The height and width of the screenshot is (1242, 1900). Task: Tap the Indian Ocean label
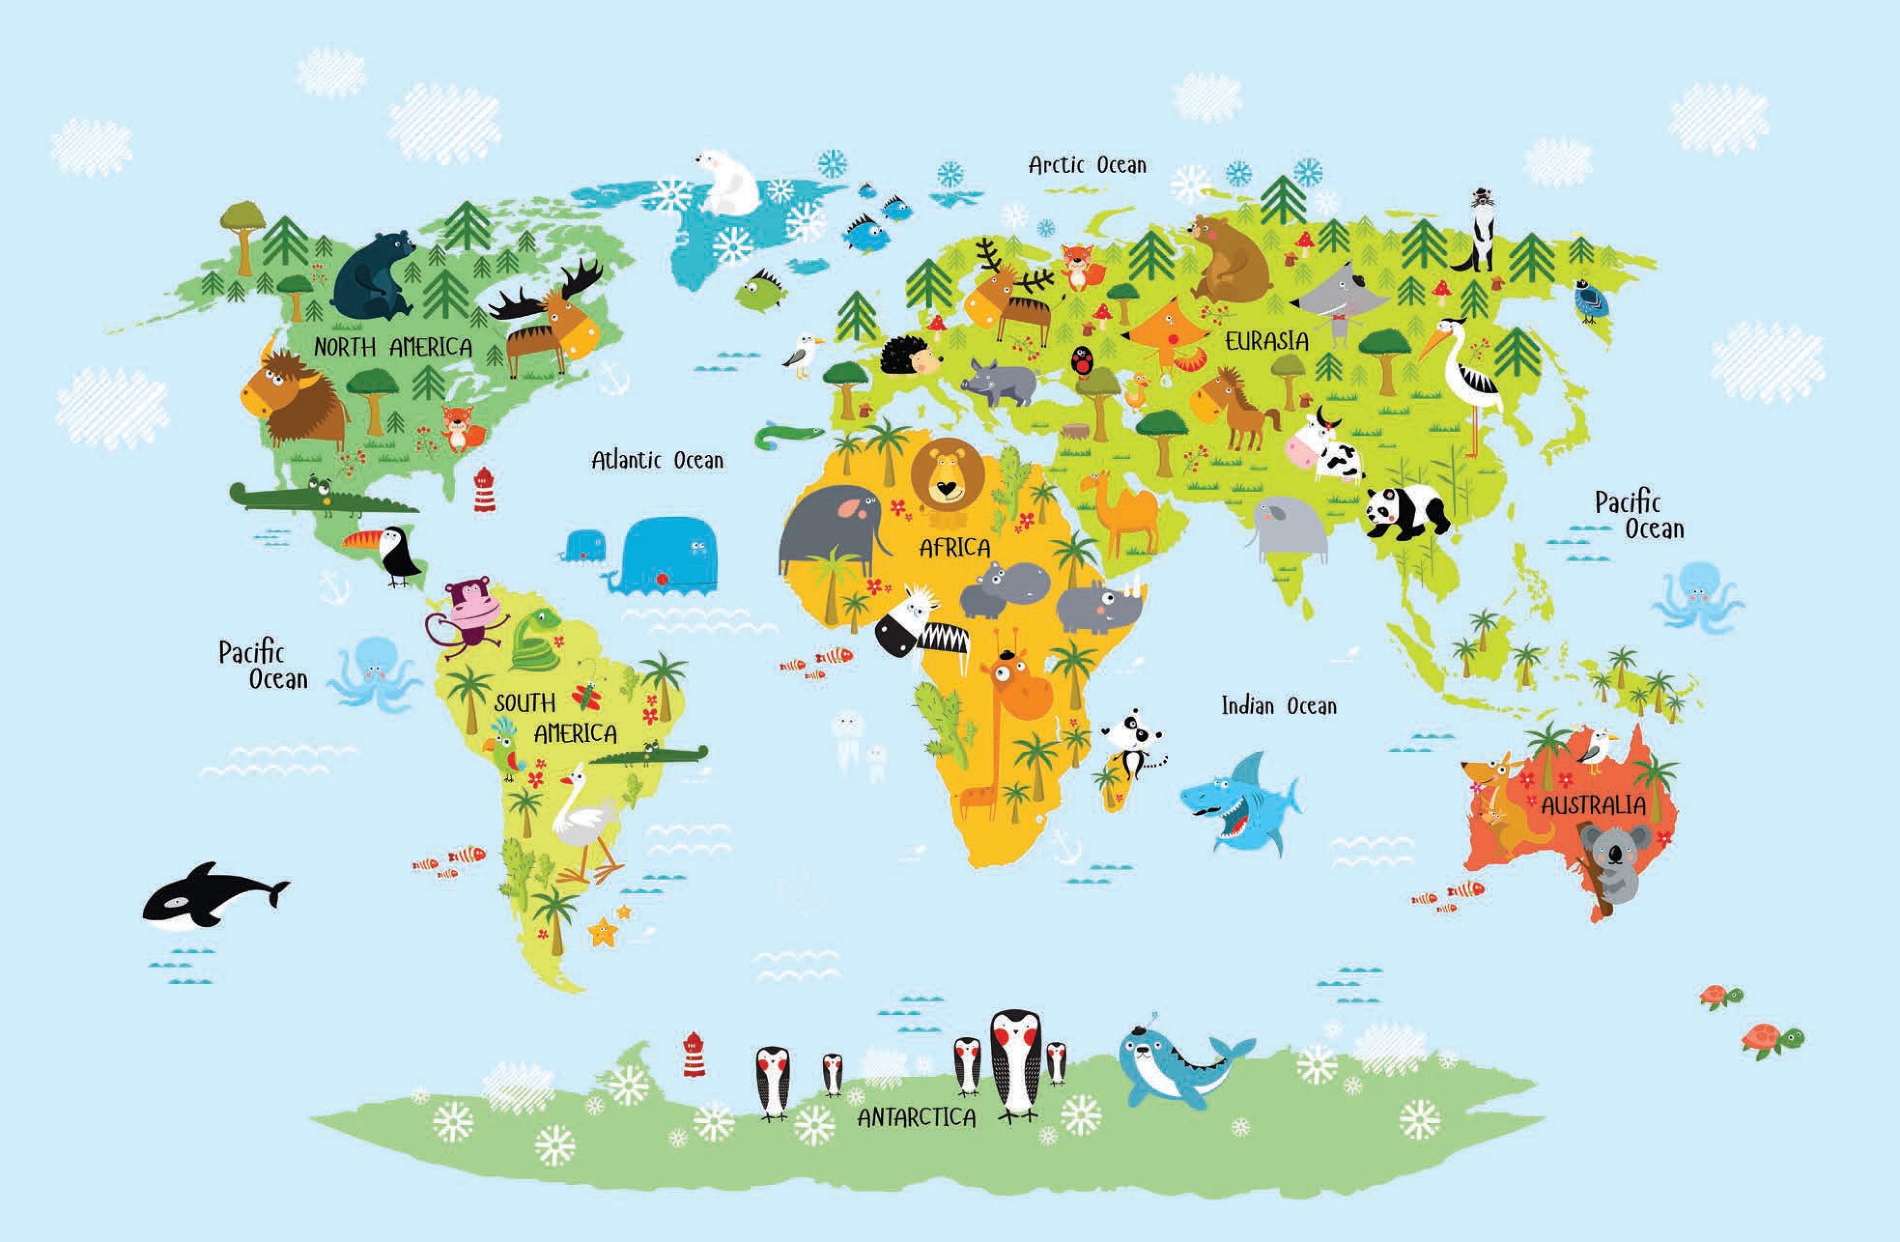(x=1278, y=706)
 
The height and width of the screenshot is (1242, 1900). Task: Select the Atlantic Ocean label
(x=657, y=461)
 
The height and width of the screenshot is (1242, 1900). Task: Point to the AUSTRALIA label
(x=1593, y=805)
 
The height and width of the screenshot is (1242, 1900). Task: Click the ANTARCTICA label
(x=916, y=1117)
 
